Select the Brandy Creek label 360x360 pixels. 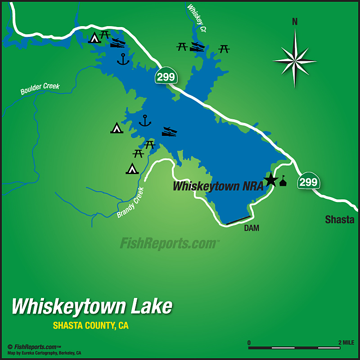(x=130, y=203)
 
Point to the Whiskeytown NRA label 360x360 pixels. (x=218, y=186)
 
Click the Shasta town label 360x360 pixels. (x=340, y=220)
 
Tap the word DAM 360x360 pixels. (x=252, y=228)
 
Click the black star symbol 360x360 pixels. (x=271, y=181)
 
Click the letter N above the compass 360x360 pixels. (x=295, y=22)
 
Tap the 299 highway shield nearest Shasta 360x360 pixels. (x=308, y=182)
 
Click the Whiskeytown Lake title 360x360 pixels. (x=92, y=306)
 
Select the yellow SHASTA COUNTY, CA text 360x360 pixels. (x=90, y=325)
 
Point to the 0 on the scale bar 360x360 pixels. (x=249, y=342)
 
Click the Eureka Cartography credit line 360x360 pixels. (x=44, y=353)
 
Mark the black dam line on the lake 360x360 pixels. (x=238, y=220)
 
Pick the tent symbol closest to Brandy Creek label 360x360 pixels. (x=132, y=169)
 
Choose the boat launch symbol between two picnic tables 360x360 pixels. (x=197, y=47)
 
